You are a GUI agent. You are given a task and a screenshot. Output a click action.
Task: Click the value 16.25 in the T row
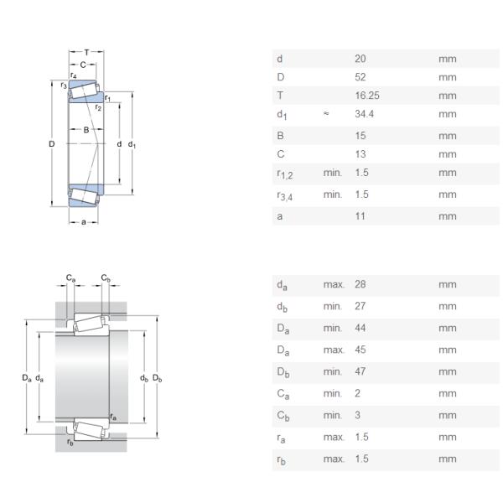pos(366,96)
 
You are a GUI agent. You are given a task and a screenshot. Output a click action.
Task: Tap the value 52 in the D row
pos(360,77)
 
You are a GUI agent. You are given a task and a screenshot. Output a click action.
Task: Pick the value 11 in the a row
pos(360,215)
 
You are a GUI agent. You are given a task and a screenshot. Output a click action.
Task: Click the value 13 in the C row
pos(360,154)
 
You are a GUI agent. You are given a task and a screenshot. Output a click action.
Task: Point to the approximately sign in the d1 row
pos(326,114)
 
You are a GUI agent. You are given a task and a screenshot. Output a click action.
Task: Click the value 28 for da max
pos(360,284)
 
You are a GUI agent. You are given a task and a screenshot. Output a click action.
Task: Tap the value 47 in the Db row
pos(360,371)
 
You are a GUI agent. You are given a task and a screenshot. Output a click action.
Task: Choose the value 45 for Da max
pos(360,349)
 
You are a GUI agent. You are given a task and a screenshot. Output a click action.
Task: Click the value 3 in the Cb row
pos(357,415)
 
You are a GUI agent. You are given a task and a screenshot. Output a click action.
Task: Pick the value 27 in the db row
pos(360,306)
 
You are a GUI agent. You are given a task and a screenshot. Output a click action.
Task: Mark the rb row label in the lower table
pos(281,459)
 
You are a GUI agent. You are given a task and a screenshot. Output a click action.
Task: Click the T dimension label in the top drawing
pos(86,52)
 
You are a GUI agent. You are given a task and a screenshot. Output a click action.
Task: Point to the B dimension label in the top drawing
pos(86,130)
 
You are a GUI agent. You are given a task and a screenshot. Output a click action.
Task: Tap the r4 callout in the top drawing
pos(74,75)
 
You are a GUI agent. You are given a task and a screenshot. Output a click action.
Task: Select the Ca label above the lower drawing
pos(71,277)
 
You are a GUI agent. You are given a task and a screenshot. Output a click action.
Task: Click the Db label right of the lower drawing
pos(157,378)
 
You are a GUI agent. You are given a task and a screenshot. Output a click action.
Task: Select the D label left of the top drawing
pos(52,144)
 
